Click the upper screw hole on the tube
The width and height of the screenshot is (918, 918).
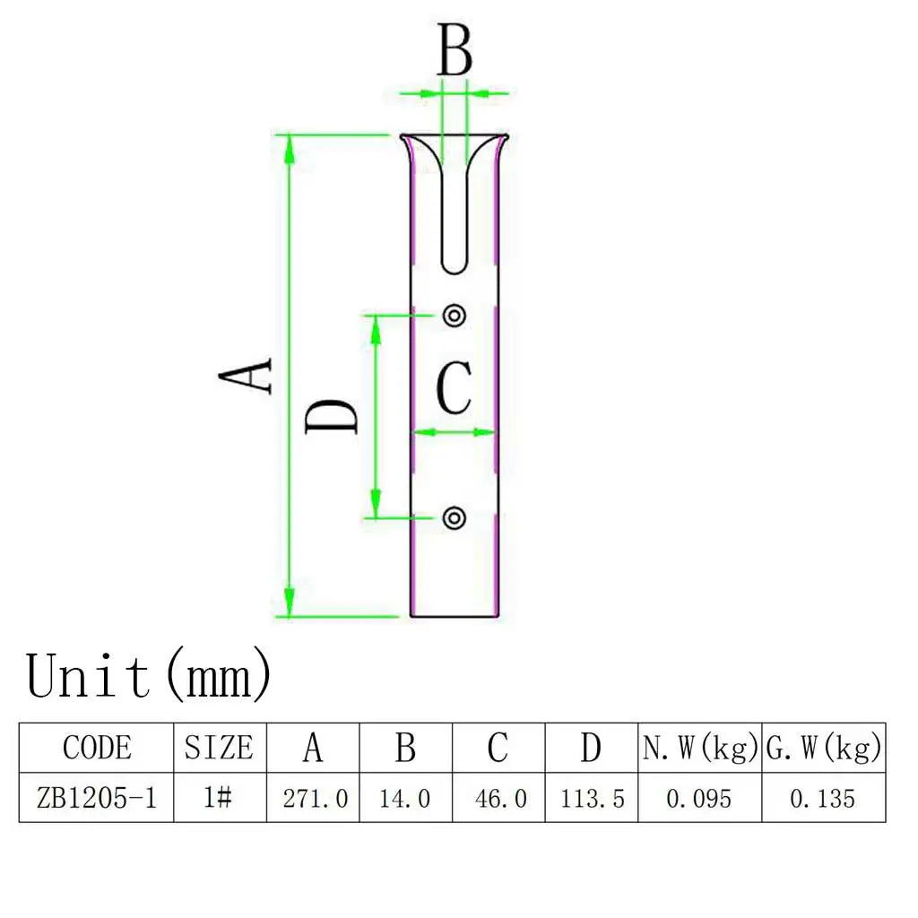tap(455, 316)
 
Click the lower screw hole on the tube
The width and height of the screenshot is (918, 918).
tap(455, 518)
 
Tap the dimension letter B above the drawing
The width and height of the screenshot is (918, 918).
tap(455, 50)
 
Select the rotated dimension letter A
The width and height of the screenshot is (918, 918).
tap(246, 376)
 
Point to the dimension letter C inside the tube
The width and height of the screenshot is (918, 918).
tap(455, 387)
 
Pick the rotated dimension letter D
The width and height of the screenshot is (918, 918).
tap(332, 416)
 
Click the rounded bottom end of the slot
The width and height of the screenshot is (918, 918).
tap(455, 266)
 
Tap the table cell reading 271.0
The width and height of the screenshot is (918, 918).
tap(315, 799)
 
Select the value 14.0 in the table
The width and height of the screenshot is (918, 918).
tap(404, 799)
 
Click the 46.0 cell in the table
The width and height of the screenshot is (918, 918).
tap(500, 799)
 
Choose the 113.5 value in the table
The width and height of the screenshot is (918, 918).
tap(593, 799)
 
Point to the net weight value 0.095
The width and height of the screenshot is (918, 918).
tap(699, 799)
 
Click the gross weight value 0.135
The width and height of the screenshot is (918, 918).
tap(823, 799)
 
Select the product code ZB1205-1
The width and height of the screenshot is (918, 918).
tap(97, 798)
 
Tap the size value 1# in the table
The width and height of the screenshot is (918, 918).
tap(218, 797)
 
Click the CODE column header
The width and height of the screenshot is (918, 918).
tap(97, 748)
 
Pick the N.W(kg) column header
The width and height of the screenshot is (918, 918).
tap(700, 749)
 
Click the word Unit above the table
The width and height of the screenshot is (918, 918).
tap(88, 676)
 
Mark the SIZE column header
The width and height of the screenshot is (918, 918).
tap(219, 748)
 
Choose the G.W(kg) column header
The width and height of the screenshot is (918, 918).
tap(824, 749)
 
